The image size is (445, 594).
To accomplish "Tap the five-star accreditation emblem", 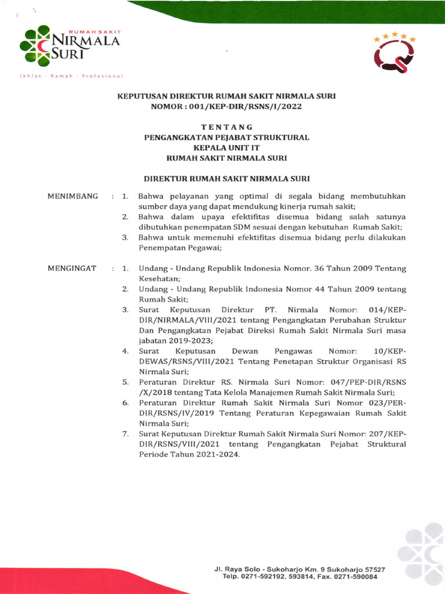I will tap(394, 52).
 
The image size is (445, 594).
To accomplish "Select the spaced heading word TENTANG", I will tap(227, 127).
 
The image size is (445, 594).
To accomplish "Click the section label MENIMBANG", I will tap(72, 196).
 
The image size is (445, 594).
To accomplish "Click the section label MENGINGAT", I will tap(72, 269).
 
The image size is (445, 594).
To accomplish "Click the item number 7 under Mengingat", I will tap(125, 433).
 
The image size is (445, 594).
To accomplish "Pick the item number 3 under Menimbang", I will tap(125, 237).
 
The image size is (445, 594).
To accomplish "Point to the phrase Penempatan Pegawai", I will tap(179, 248).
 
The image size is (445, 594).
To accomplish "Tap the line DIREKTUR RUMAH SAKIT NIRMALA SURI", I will tap(227, 178).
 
